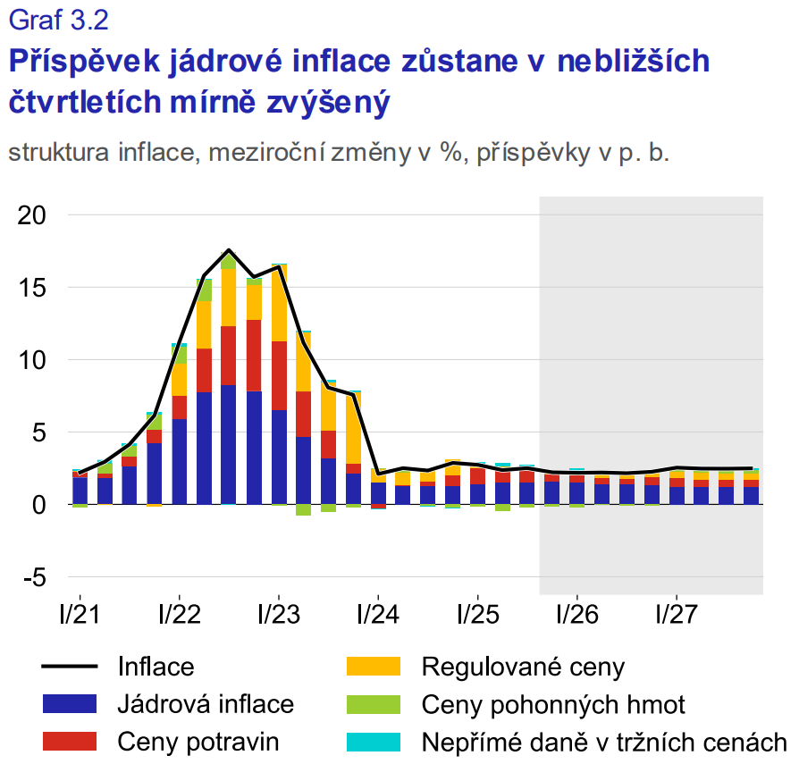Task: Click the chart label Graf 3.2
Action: (x=58, y=19)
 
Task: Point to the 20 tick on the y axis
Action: (x=32, y=216)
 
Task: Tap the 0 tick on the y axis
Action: (x=40, y=506)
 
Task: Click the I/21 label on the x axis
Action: (x=80, y=617)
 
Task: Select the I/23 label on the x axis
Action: (x=279, y=617)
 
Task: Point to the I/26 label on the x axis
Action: (x=576, y=617)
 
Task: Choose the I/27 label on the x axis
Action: (x=677, y=617)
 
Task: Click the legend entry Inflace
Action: (x=156, y=667)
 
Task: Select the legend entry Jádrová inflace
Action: (x=206, y=704)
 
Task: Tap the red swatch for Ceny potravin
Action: (x=69, y=741)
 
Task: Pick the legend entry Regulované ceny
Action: (x=523, y=667)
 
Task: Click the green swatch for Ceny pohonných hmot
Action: (x=373, y=704)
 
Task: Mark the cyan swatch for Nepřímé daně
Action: (x=373, y=741)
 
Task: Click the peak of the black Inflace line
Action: (x=229, y=250)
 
